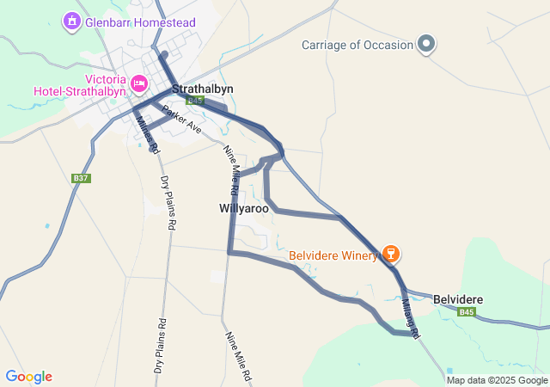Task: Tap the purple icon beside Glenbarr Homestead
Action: tap(71, 20)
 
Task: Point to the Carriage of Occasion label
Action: tap(357, 45)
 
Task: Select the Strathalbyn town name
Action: tap(203, 89)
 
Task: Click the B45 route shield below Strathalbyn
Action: tap(195, 101)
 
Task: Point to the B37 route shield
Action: tap(81, 178)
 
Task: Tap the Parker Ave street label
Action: tap(181, 120)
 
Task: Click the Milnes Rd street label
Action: tap(148, 134)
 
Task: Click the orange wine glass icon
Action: tap(390, 254)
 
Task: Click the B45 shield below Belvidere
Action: tap(467, 311)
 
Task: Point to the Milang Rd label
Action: tap(410, 319)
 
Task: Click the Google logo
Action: tap(28, 377)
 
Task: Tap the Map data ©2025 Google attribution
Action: tap(497, 380)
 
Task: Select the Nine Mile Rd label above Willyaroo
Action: tap(231, 167)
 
